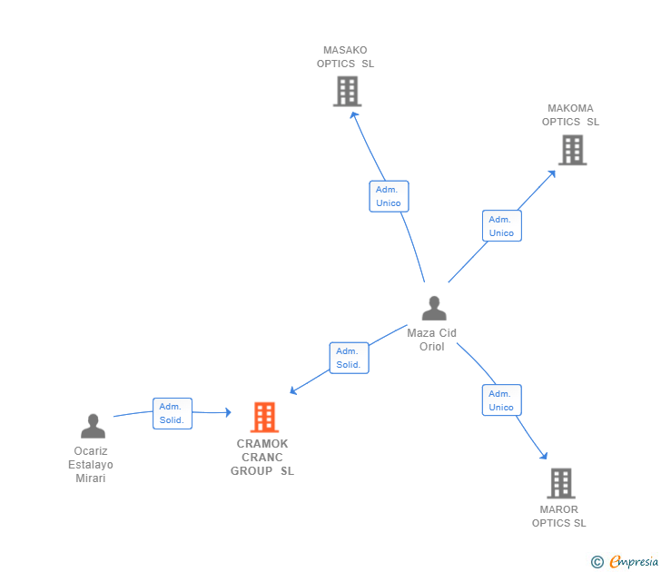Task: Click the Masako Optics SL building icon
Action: pos(347,91)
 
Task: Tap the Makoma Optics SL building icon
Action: pos(572,150)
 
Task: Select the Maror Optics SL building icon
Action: pos(560,483)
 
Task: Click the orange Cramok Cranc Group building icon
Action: pos(264,417)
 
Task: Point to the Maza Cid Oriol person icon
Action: pos(434,309)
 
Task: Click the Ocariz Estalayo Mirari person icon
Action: pos(93,426)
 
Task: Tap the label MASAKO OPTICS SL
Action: pos(345,57)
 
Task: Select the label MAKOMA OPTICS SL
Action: pos(570,115)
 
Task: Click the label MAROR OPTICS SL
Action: pos(558,516)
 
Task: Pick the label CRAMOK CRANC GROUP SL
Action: pos(262,458)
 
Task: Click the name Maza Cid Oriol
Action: pos(432,340)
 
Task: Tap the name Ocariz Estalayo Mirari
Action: pos(91,465)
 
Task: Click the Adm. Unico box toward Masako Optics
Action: pos(389,196)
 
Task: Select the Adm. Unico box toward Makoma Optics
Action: pos(501,226)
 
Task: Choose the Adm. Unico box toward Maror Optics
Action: pos(501,400)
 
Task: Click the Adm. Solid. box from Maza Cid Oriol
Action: pos(349,358)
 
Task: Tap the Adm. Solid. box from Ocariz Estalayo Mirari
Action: pos(172,413)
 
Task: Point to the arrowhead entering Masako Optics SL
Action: pos(354,114)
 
